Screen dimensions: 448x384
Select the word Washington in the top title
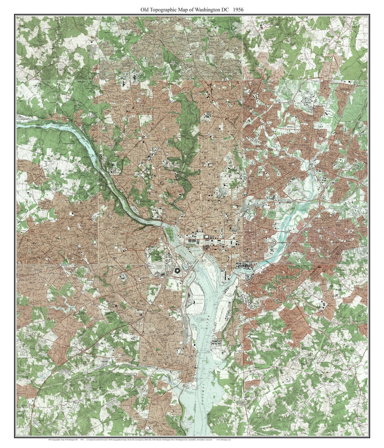coord(208,10)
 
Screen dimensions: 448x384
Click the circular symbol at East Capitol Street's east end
coord(274,242)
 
